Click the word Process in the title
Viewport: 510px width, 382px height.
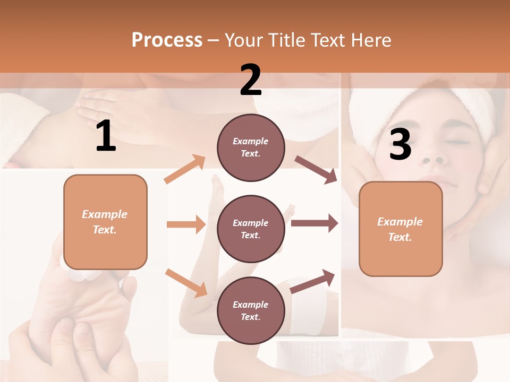(167, 40)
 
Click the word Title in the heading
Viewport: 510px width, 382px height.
(285, 40)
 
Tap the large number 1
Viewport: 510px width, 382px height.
(106, 136)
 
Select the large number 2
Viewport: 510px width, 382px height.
(251, 80)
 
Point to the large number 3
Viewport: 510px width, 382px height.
(400, 144)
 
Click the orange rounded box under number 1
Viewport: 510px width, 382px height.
(105, 222)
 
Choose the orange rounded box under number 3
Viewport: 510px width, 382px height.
(401, 229)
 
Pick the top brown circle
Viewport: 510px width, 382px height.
(251, 147)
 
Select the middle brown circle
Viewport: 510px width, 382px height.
(251, 229)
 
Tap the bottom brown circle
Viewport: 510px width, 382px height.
(251, 310)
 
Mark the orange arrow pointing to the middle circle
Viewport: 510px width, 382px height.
(186, 224)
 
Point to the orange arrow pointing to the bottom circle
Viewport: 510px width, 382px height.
(186, 283)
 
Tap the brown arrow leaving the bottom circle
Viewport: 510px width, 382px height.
(313, 281)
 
